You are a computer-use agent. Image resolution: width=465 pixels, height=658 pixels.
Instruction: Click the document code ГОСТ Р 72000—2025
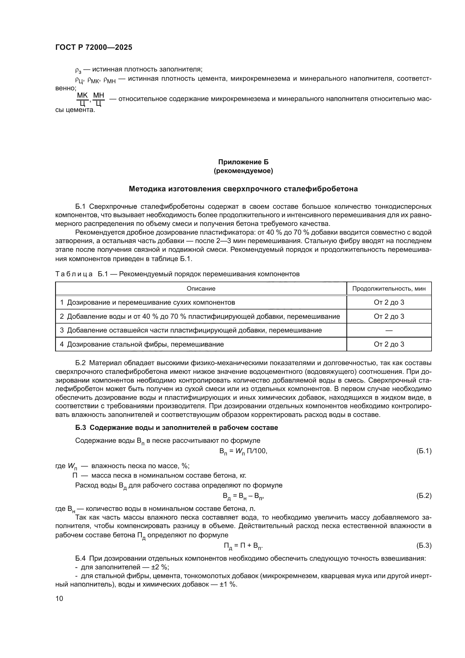[x=94, y=48]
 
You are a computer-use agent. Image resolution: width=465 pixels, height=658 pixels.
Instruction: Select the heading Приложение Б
[x=243, y=162]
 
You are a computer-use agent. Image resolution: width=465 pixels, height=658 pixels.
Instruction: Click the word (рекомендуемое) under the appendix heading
[x=243, y=171]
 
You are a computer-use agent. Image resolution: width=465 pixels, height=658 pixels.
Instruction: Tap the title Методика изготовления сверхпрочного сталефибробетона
[x=243, y=189]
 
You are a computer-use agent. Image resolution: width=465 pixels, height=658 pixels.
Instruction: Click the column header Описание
[x=201, y=289]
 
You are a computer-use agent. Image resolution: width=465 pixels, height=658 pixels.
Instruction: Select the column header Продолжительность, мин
[x=389, y=289]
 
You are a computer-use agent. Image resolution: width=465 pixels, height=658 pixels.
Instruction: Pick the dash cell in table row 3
[x=389, y=331]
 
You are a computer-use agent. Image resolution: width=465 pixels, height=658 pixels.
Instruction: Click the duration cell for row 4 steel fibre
[x=389, y=344]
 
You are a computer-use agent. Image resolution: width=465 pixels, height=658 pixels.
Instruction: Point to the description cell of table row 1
[x=148, y=302]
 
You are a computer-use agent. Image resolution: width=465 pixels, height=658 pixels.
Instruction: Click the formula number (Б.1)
[x=423, y=451]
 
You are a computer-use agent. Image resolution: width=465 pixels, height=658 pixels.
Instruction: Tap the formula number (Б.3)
[x=423, y=545]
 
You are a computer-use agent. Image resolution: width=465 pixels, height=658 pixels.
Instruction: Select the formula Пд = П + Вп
[x=243, y=546]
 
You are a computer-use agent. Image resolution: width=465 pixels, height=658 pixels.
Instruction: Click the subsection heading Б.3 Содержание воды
[x=176, y=428]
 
